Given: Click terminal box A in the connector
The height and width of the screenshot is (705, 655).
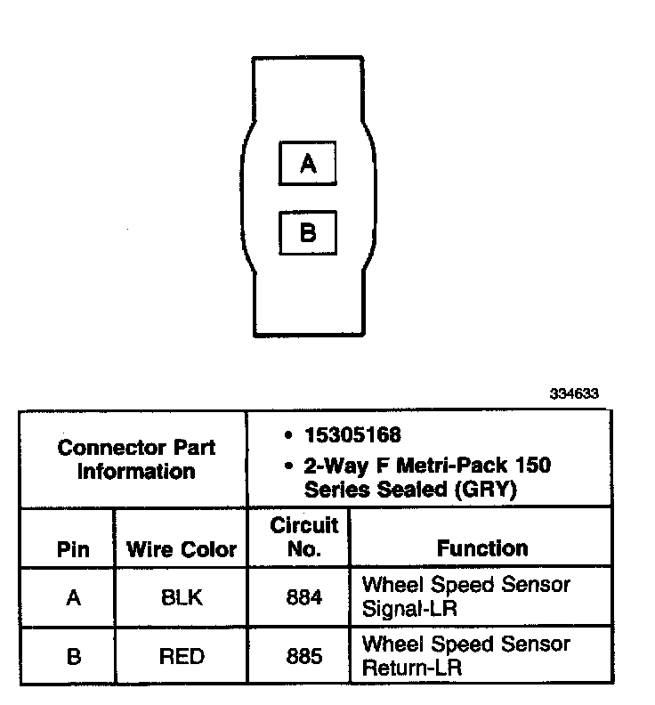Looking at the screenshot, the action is click(x=308, y=164).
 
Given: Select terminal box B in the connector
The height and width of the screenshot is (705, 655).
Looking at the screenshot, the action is click(x=308, y=233).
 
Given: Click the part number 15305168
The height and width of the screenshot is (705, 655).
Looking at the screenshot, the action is click(x=353, y=435).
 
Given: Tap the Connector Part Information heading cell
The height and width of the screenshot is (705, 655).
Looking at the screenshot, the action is click(x=135, y=459).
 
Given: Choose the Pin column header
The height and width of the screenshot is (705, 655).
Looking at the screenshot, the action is click(x=73, y=549).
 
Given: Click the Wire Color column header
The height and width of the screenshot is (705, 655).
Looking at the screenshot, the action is click(x=182, y=549).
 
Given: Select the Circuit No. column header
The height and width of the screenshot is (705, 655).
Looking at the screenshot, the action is click(x=303, y=538).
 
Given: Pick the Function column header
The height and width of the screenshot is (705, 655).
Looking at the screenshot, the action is click(x=481, y=549).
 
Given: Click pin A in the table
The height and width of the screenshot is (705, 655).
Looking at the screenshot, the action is click(x=73, y=598).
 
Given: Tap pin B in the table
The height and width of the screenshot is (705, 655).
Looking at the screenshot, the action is click(x=73, y=657).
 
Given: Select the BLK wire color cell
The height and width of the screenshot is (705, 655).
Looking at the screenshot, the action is click(x=182, y=598).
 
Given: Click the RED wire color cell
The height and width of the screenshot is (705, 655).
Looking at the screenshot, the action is click(x=182, y=657).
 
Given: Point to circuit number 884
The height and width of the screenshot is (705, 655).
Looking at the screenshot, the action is click(x=303, y=598).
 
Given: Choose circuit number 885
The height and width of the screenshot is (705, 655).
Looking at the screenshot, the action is click(x=303, y=657).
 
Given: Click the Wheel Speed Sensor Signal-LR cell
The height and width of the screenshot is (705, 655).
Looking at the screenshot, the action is click(x=465, y=597).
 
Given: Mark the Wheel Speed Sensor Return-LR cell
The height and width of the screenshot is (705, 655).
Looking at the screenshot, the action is click(x=465, y=655).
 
